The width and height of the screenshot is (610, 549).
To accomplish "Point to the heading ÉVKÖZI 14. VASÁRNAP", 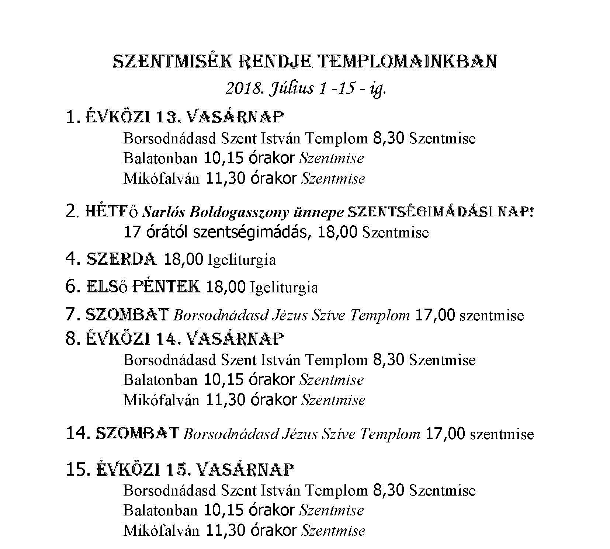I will click(185, 338).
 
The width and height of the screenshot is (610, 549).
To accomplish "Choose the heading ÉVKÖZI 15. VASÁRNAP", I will click(195, 469).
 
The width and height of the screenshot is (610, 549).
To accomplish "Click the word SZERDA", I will click(121, 259).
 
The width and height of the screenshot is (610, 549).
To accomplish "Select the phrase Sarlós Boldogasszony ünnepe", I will click(243, 213).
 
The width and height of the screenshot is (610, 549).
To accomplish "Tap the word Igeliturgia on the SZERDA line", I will click(242, 260).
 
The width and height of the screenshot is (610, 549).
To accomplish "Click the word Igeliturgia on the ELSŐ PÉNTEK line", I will click(284, 288).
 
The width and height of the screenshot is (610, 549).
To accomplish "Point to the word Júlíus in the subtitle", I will click(291, 89).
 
